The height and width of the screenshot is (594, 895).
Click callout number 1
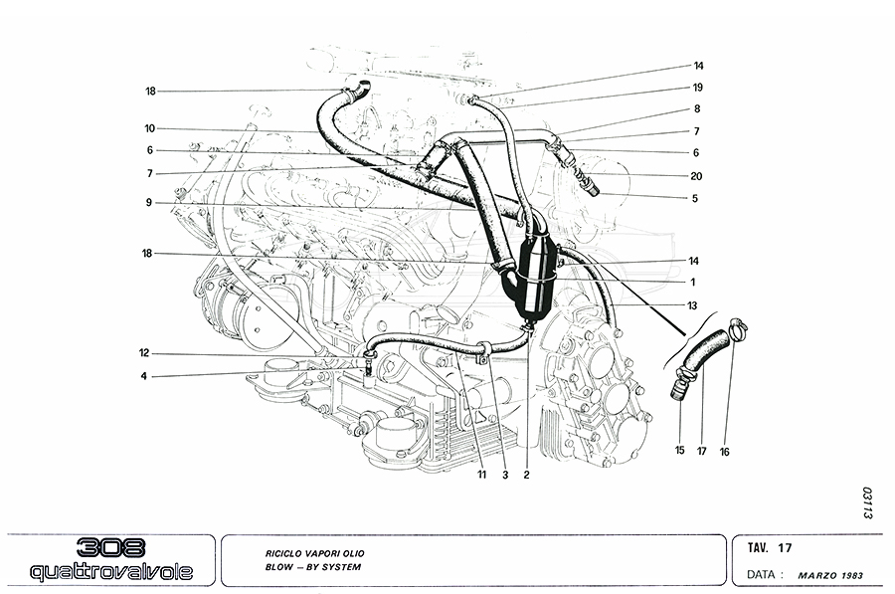pyautogui.click(x=693, y=283)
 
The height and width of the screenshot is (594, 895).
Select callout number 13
pyautogui.click(x=692, y=305)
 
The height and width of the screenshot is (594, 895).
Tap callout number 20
pyautogui.click(x=696, y=176)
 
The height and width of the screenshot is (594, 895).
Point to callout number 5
pyautogui.click(x=695, y=199)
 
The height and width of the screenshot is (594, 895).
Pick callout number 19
pyautogui.click(x=697, y=88)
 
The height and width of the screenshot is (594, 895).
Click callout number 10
pyautogui.click(x=150, y=128)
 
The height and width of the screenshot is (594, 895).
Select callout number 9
pyautogui.click(x=149, y=202)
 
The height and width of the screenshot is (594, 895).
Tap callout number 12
pyautogui.click(x=144, y=353)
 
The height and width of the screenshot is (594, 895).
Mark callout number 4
pyautogui.click(x=144, y=376)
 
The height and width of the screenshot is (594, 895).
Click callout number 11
pyautogui.click(x=482, y=475)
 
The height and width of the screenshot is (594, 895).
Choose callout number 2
pyautogui.click(x=526, y=475)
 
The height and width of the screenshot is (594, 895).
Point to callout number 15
pyautogui.click(x=680, y=450)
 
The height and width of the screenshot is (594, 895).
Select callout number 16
pyautogui.click(x=724, y=452)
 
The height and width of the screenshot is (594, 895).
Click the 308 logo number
pyautogui.click(x=110, y=548)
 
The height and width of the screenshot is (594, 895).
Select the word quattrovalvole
pyautogui.click(x=111, y=571)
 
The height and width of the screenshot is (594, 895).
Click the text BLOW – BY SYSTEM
pyautogui.click(x=313, y=567)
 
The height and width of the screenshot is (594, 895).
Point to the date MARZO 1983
pyautogui.click(x=830, y=576)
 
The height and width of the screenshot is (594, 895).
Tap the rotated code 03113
pyautogui.click(x=868, y=502)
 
